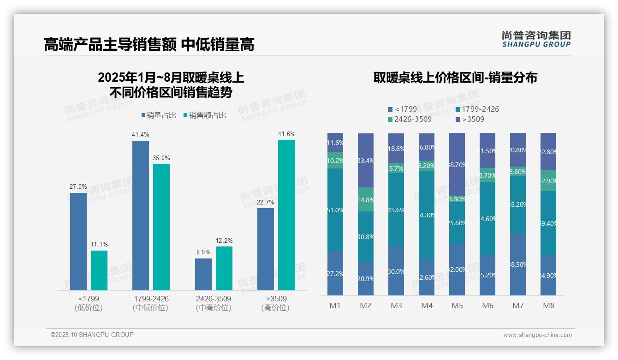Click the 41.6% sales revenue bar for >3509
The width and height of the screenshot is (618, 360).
pyautogui.click(x=286, y=215)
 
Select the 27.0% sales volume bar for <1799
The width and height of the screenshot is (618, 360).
pyautogui.click(x=78, y=241)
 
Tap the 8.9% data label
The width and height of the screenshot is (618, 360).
pyautogui.click(x=203, y=252)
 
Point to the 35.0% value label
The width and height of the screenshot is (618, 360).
pyautogui.click(x=161, y=158)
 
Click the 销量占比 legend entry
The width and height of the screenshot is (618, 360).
pyautogui.click(x=158, y=115)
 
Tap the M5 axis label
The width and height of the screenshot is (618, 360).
pyautogui.click(x=457, y=306)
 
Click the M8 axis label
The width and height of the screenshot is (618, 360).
pyautogui.click(x=548, y=306)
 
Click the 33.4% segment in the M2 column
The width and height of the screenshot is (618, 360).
pyautogui.click(x=366, y=161)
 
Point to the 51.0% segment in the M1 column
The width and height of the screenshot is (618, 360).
pyautogui.click(x=335, y=210)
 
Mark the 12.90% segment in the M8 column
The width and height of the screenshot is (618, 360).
pyautogui.click(x=548, y=181)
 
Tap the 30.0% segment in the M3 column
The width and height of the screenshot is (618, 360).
pyautogui.click(x=396, y=271)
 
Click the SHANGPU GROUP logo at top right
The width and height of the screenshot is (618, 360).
pyautogui.click(x=536, y=39)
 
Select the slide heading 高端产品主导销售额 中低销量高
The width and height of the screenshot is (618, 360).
pyautogui.click(x=149, y=45)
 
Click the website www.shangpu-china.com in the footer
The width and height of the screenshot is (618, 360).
pyautogui.click(x=537, y=335)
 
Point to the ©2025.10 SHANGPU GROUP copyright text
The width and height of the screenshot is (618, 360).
pyautogui.click(x=92, y=335)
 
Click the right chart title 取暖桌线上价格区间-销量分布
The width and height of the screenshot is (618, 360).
pyautogui.click(x=455, y=78)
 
